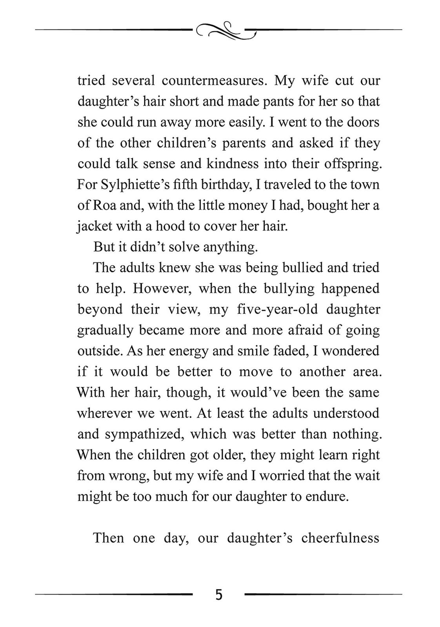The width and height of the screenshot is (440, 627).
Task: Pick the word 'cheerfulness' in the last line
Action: click(x=340, y=538)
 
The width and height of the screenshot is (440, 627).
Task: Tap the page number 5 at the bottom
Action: click(x=219, y=595)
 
